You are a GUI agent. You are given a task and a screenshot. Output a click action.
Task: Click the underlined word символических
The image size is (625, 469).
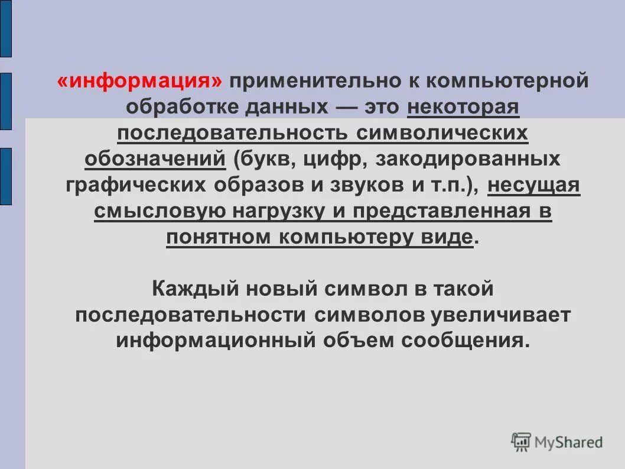tap(442, 132)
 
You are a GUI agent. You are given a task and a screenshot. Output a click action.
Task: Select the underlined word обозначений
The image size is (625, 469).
tap(155, 159)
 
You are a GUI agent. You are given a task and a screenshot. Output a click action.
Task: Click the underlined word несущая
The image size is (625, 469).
tap(534, 185)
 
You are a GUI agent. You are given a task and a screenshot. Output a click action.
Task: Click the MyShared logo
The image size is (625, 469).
tap(557, 441)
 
